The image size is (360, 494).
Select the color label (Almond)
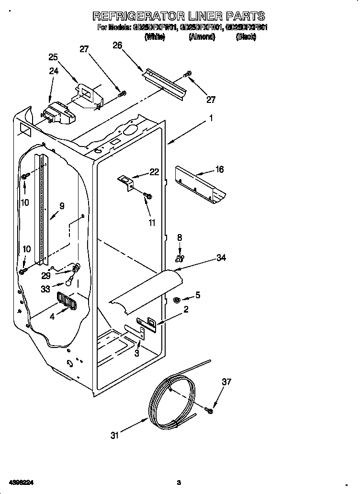202,37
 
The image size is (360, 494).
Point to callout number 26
117,45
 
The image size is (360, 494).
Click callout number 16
220,169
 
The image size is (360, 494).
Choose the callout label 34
221,258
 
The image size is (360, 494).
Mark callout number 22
154,172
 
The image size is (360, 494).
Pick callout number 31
115,435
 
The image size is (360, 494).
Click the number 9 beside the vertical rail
62,206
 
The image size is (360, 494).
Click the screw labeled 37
209,410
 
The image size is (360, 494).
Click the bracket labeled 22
127,182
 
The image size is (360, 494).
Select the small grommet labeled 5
176,300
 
